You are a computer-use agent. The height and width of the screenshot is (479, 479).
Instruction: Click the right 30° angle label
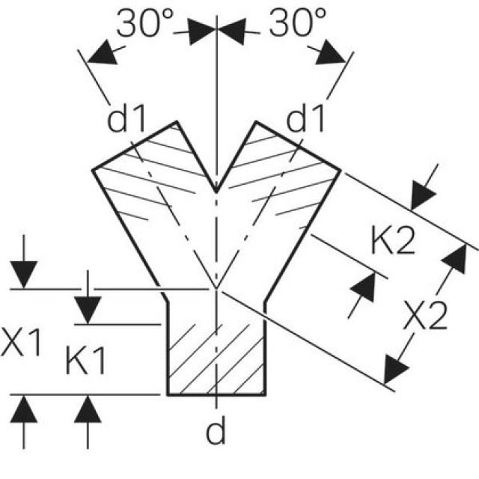coord(297,26)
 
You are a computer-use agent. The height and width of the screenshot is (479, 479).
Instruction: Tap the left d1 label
coord(129,120)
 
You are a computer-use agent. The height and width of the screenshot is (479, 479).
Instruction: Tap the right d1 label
coord(307,120)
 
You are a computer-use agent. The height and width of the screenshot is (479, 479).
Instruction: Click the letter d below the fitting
coord(216,432)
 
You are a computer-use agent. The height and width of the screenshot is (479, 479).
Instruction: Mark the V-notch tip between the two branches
coord(216,192)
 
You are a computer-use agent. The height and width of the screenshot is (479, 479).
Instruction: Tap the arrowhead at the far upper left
coord(100,54)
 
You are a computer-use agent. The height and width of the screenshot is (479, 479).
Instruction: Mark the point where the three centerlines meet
coord(216,288)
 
